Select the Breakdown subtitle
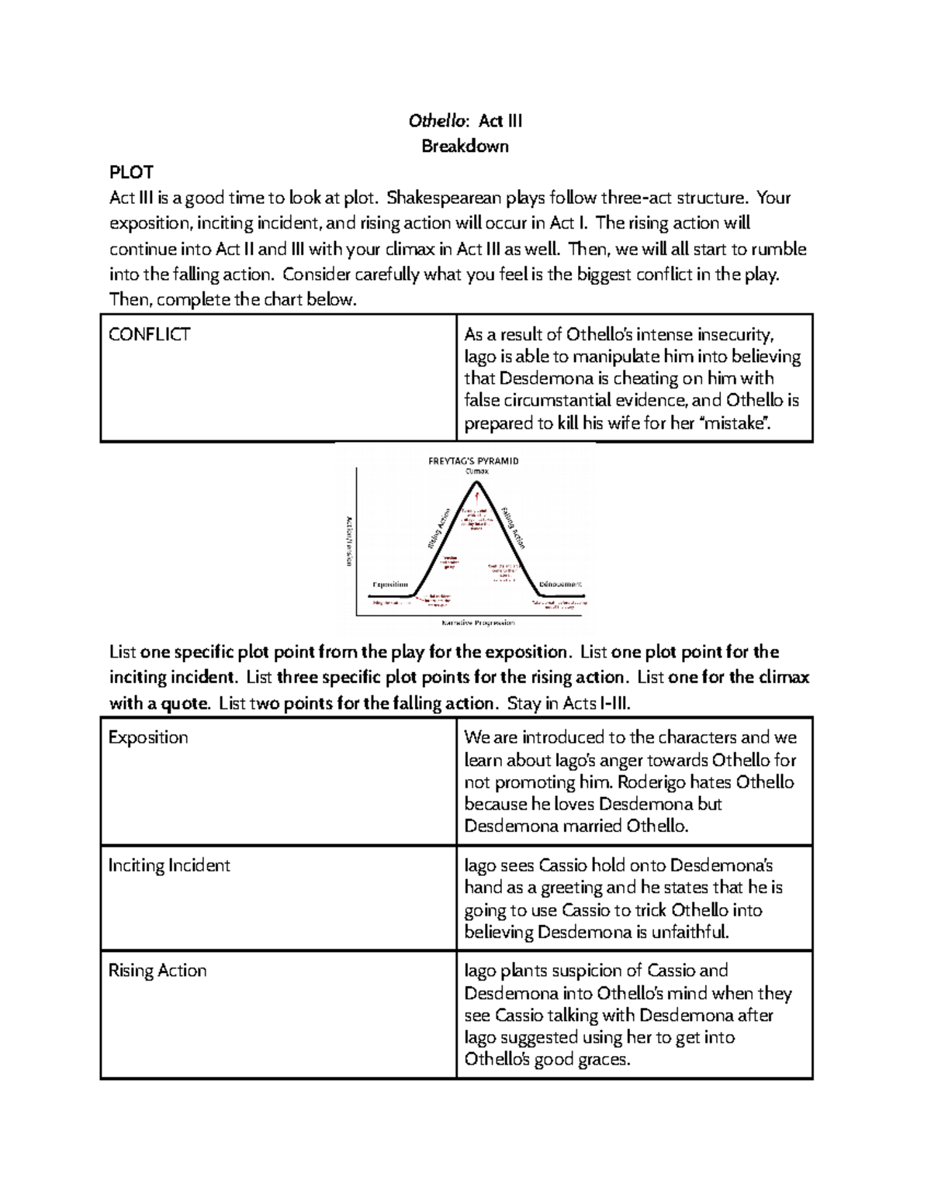(465, 147)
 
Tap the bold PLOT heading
(131, 172)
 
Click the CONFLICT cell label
(150, 335)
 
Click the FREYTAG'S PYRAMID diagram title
(473, 461)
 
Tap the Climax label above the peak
(476, 471)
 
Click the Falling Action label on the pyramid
(514, 528)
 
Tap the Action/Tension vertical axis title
(348, 540)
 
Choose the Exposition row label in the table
(148, 737)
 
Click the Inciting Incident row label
(169, 865)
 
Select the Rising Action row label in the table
(157, 971)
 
